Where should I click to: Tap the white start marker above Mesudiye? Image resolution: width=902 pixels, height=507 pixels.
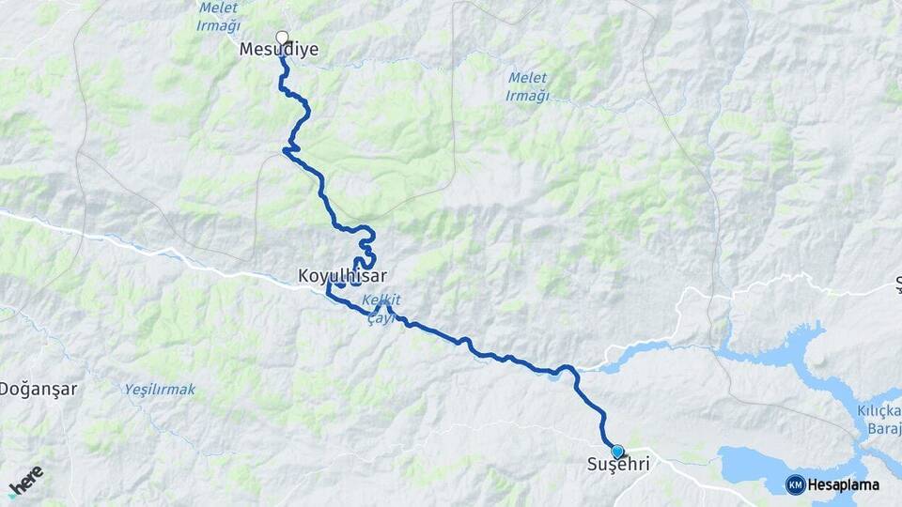click(x=282, y=38)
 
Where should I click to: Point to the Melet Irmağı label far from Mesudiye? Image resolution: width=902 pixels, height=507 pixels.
click(x=527, y=86)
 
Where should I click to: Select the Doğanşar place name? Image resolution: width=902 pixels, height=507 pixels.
click(x=38, y=388)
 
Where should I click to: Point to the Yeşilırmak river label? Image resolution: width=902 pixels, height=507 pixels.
click(x=160, y=389)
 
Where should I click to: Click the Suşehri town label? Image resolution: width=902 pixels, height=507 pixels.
click(x=617, y=465)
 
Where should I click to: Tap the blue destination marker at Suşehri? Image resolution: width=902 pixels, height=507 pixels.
click(x=617, y=451)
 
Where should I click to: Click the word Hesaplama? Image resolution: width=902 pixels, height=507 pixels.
click(x=843, y=484)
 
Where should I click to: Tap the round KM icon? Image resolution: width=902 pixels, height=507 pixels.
click(x=795, y=484)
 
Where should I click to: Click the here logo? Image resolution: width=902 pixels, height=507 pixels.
click(x=25, y=480)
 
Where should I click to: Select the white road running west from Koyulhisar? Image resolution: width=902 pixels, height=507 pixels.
click(x=141, y=247)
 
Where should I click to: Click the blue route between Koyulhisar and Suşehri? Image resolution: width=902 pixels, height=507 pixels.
click(x=489, y=355)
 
